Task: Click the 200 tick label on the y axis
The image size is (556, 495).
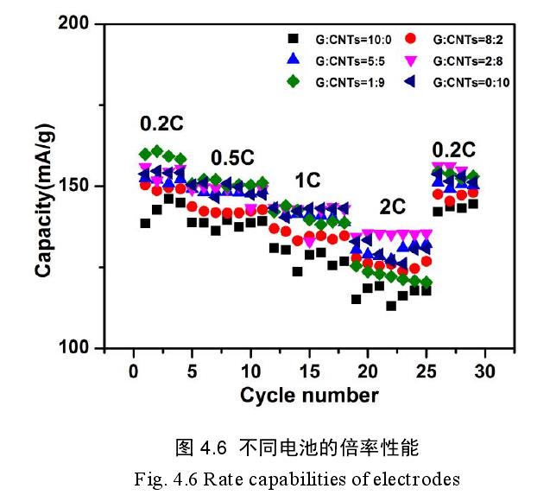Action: point(75,24)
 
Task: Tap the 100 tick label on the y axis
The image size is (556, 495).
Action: point(75,347)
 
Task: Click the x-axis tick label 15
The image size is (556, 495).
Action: point(309,370)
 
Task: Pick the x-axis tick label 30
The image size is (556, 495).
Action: point(485,370)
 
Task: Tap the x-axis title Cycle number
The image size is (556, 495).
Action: point(309,396)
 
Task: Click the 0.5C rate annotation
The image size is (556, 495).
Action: point(232,158)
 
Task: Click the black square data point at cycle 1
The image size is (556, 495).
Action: point(145,223)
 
